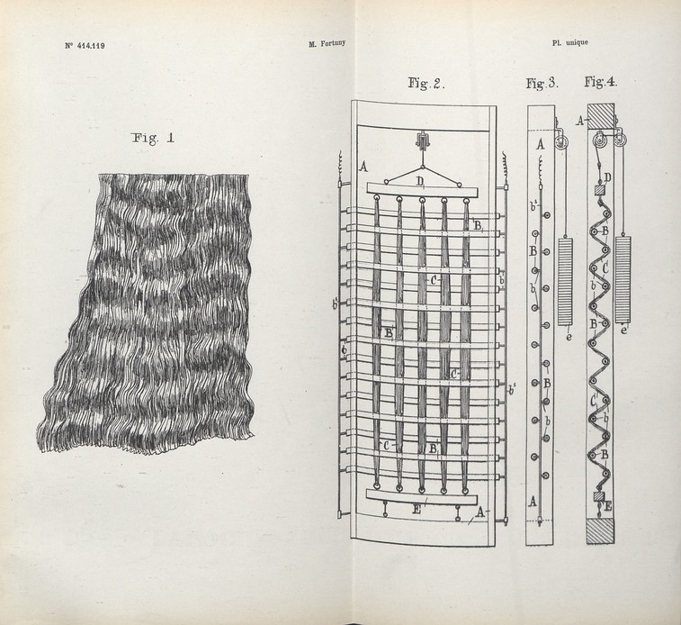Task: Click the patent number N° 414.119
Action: tap(85, 45)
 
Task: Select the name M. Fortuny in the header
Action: tap(327, 43)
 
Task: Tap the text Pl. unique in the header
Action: tap(570, 42)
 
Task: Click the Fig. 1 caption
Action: tap(153, 138)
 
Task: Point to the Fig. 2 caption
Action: tap(426, 83)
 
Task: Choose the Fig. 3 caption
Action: tap(542, 83)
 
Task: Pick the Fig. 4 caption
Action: tap(601, 81)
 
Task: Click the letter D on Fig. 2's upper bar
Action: tap(420, 181)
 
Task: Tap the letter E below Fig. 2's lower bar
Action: tap(417, 511)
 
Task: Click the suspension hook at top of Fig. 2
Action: tap(422, 141)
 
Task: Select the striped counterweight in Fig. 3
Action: tap(565, 281)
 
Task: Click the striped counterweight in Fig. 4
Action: tap(623, 279)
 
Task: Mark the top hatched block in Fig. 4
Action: tap(601, 116)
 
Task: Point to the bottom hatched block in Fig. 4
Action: tap(600, 530)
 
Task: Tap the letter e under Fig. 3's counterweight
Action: tap(569, 336)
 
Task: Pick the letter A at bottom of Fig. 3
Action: tap(533, 502)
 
